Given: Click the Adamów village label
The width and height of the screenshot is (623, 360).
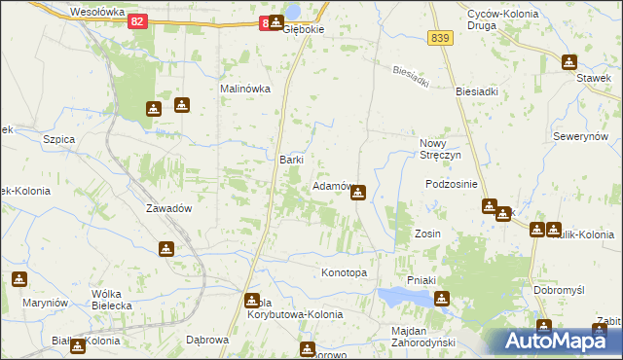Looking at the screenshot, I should coord(330,185).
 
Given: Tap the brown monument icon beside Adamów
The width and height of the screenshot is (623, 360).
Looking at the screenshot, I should coord(358,193).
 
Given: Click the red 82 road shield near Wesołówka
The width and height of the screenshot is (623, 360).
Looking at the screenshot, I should coord(138,21).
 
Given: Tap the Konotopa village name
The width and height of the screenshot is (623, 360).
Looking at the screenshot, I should coord(344,272).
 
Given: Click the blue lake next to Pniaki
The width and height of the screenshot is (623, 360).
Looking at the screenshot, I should coord(402,296).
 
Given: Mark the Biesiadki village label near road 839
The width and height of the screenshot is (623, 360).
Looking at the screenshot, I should coord(477,91).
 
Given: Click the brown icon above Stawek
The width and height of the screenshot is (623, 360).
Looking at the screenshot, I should coord(568,63).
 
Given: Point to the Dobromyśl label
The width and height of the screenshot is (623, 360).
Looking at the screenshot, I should coord(559,290).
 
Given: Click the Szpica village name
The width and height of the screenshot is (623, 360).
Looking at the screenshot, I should coord(59,139).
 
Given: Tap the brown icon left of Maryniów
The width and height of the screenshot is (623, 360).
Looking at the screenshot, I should coord(18,279).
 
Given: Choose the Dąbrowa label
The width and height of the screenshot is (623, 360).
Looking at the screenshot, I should coord(206,341).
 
